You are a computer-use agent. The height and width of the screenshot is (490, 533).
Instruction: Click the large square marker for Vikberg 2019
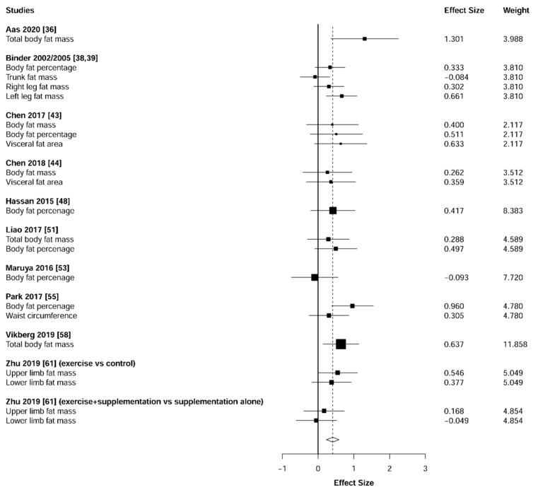[x=341, y=344]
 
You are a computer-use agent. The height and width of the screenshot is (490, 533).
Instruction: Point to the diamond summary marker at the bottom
[x=332, y=440]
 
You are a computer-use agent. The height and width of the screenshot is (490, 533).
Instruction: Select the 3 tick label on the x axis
[x=425, y=468]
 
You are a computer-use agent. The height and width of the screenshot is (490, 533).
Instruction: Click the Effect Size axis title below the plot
[x=353, y=483]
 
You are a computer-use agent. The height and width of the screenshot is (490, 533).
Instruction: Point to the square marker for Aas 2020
[x=364, y=39]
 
